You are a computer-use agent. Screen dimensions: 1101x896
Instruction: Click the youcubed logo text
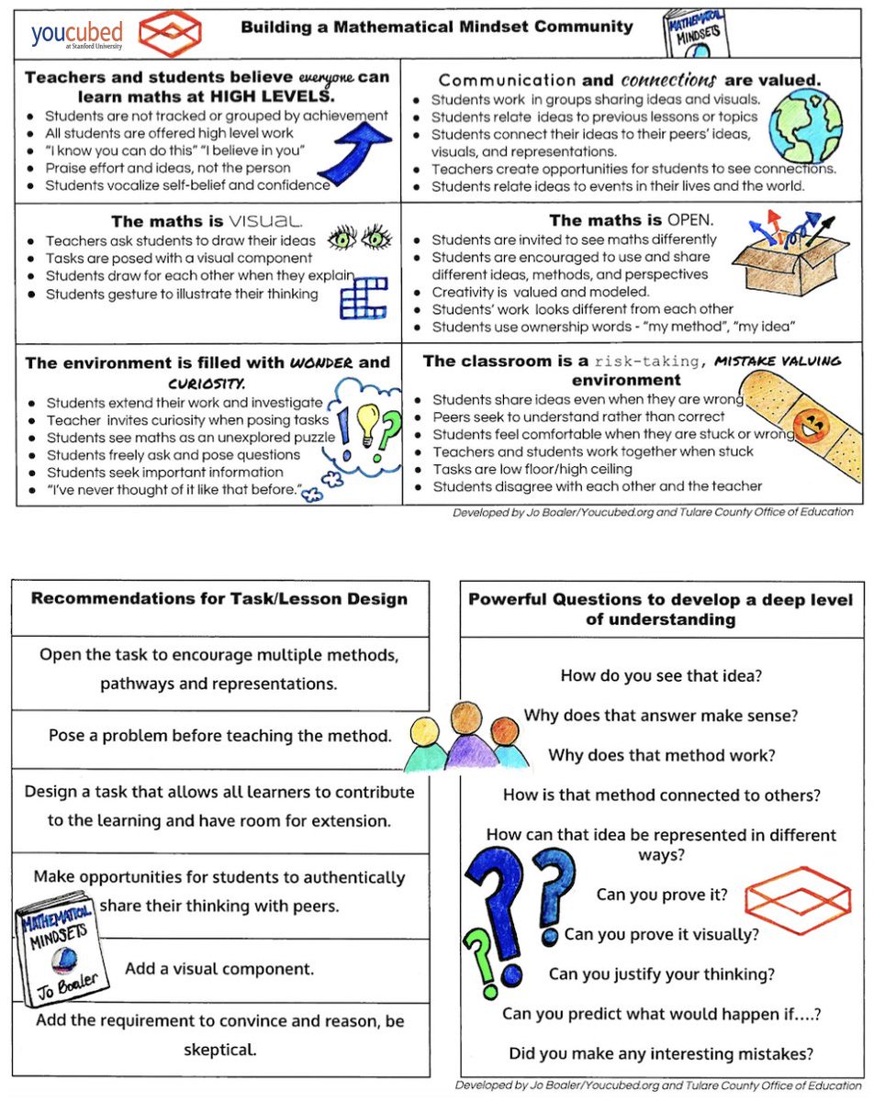(76, 34)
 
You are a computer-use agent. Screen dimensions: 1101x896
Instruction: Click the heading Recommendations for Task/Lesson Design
(219, 599)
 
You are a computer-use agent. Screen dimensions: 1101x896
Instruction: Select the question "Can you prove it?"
(663, 895)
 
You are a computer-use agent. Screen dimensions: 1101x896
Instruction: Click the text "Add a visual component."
(219, 968)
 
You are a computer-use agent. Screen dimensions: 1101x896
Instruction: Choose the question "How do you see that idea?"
(662, 676)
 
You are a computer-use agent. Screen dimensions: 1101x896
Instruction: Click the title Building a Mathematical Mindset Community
(437, 27)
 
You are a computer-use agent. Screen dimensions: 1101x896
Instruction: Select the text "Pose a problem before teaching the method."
(220, 736)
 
